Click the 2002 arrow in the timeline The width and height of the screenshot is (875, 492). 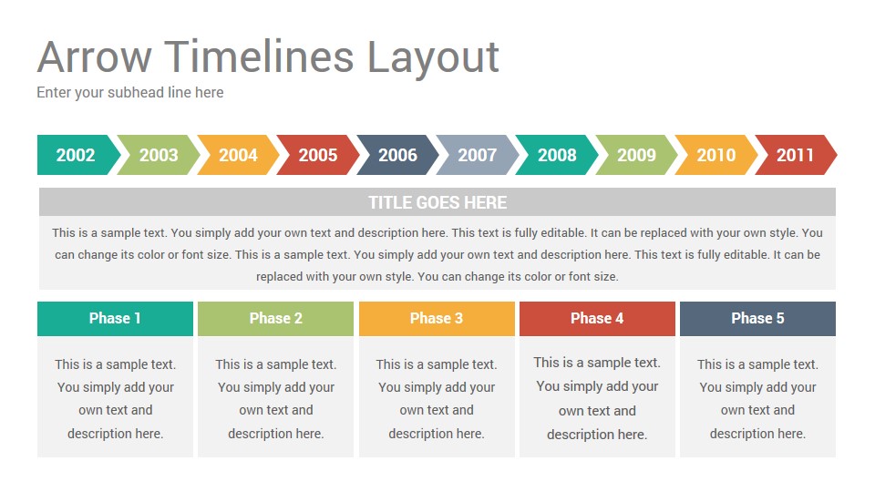(x=77, y=155)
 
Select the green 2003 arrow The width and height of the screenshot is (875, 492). (x=159, y=155)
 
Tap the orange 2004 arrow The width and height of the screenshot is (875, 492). (x=238, y=155)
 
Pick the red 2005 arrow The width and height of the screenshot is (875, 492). (x=318, y=155)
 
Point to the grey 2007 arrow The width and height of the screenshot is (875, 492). (x=478, y=155)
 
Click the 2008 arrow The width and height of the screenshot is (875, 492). (x=557, y=155)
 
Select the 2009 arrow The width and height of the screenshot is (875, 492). (x=637, y=155)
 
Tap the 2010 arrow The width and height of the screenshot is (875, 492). (x=716, y=155)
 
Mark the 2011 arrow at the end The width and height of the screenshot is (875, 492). (x=796, y=155)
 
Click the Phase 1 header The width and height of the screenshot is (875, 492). (x=115, y=319)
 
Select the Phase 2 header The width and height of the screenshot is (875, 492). (x=275, y=319)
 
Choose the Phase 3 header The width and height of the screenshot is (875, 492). (x=437, y=319)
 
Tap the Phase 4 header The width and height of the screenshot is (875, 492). (x=597, y=319)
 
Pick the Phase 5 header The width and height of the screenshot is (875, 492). (x=757, y=319)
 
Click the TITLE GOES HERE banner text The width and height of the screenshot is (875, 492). (x=437, y=202)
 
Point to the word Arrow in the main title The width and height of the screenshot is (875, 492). (x=94, y=56)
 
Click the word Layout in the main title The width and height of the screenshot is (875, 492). (x=433, y=58)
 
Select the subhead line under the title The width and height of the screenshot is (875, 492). (x=130, y=93)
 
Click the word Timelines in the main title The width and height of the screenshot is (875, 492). (x=260, y=56)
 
